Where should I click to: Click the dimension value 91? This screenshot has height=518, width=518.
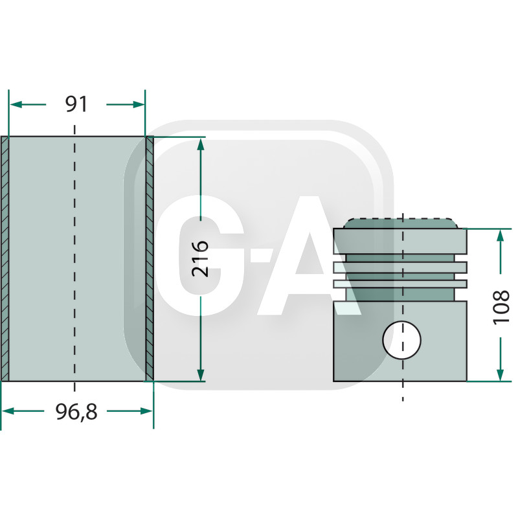coord(76,104)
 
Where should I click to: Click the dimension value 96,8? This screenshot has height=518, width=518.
coord(76,411)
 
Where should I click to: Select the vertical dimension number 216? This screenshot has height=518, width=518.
coord(201,259)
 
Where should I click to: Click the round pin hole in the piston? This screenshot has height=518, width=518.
coord(402,339)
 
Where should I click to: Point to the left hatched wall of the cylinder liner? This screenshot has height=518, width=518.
coord(5,259)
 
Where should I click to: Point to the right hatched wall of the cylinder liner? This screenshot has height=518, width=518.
coord(150,259)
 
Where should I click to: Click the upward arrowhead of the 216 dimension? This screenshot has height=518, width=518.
coord(201,144)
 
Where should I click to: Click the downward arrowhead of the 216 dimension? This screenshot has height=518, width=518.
coord(201,374)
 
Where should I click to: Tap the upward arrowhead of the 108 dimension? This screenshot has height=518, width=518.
coord(501,235)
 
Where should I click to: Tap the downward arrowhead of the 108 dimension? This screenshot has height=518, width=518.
coord(501,375)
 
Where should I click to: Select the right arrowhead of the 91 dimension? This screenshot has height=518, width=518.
coord(138,104)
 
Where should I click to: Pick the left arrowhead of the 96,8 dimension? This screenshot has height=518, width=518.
coord(9,411)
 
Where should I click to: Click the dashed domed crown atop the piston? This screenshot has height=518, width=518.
coord(401,222)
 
